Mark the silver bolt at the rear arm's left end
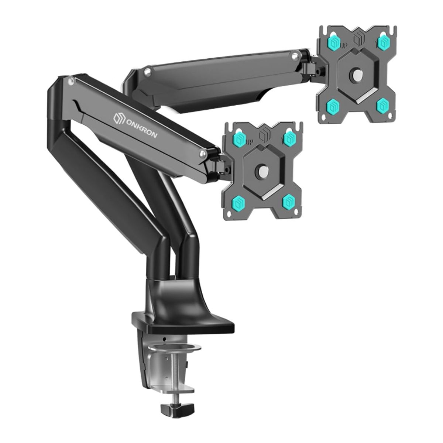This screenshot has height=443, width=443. [147, 71]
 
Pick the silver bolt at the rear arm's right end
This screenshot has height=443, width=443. [294, 57]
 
